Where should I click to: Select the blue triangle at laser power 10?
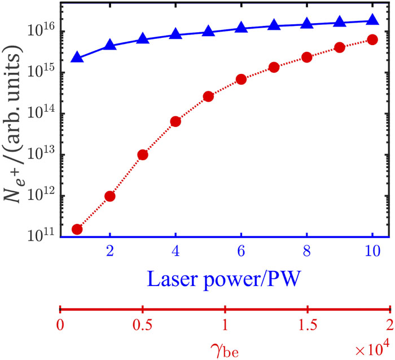pyautogui.click(x=372, y=19)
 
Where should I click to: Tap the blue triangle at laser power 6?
pyautogui.click(x=241, y=27)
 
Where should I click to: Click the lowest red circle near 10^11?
pyautogui.click(x=77, y=229)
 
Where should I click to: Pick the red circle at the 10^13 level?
pyautogui.click(x=143, y=155)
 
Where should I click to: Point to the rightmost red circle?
pyautogui.click(x=372, y=39)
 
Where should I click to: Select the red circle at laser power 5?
pyautogui.click(x=208, y=96)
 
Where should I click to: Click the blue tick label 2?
pyautogui.click(x=110, y=251)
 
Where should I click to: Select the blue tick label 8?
pyautogui.click(x=306, y=251)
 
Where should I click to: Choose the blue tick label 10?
pyautogui.click(x=372, y=251)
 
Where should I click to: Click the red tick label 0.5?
pyautogui.click(x=143, y=325)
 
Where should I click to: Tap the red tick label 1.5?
pyautogui.click(x=308, y=325)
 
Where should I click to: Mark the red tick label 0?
pyautogui.click(x=60, y=325)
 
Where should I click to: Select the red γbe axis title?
pyautogui.click(x=225, y=350)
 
